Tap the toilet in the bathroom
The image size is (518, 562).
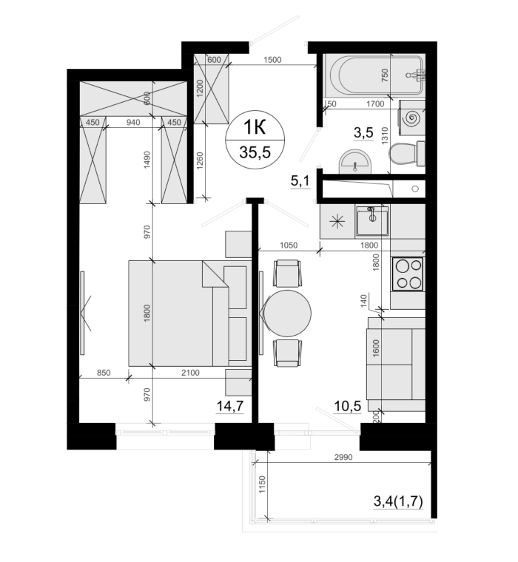407,154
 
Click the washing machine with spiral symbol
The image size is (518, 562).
412,118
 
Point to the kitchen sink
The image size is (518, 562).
372,221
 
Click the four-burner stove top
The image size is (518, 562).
408,274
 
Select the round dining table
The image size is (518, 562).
287,314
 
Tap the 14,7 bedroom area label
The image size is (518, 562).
230,406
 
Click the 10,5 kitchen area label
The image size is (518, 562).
347,406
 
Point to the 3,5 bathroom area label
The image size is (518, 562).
363,132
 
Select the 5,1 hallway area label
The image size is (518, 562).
300,181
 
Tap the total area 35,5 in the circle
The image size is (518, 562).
255,152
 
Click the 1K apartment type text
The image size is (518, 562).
255,127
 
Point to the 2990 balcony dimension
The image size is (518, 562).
343,457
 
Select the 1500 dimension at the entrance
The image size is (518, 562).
272,60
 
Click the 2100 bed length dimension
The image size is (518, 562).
190,373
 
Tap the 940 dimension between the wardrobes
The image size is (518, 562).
133,123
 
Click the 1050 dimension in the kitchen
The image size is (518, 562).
289,246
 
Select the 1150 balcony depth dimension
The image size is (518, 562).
262,484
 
